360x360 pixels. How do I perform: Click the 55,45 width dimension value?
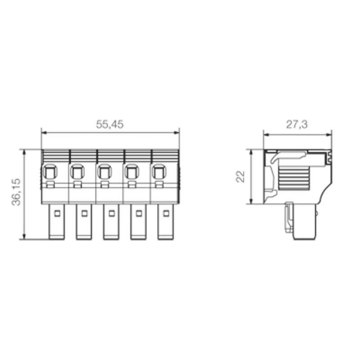click(x=109, y=125)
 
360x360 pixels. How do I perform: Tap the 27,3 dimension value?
click(x=297, y=125)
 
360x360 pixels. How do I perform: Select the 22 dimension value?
click(x=240, y=176)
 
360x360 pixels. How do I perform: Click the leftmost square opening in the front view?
click(x=50, y=171)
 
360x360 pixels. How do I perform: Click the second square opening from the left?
click(x=77, y=171)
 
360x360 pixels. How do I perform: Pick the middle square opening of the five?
click(x=104, y=171)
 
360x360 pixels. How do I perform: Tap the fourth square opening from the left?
click(x=132, y=171)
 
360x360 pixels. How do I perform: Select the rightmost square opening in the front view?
click(x=159, y=171)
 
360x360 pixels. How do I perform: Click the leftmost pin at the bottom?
click(x=56, y=221)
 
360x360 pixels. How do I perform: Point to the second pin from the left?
click(x=84, y=221)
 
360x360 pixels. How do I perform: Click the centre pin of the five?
click(x=111, y=221)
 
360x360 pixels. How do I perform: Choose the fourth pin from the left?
click(x=138, y=221)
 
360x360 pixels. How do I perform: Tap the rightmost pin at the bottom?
click(x=165, y=221)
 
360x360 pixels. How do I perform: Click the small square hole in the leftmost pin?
click(x=57, y=214)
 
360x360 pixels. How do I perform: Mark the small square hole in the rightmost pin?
click(x=166, y=214)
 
